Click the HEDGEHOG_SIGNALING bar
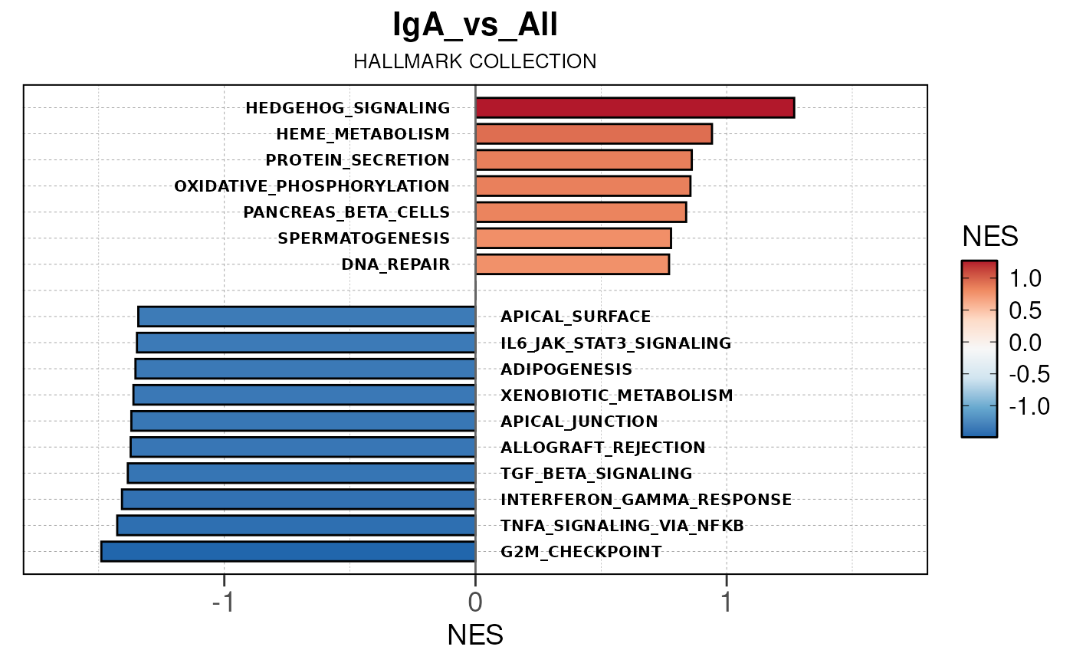coord(635,108)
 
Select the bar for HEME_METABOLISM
coord(594,134)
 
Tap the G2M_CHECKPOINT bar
coord(288,551)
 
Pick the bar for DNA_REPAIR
coord(573,264)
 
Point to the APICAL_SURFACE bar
coord(307,317)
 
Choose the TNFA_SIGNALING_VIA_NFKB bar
coord(296,525)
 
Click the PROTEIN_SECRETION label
coord(357,160)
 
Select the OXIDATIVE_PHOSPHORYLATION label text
coord(312,186)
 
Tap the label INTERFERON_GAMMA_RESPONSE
coord(646,500)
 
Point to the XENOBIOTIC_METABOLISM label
coord(617,396)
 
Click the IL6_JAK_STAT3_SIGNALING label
coord(616,343)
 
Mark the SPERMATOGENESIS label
coord(364,238)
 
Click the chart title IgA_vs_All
coord(475,25)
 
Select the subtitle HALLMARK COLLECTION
coord(475,61)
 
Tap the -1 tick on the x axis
coord(223,602)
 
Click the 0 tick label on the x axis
coord(475,602)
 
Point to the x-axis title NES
coord(475,635)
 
